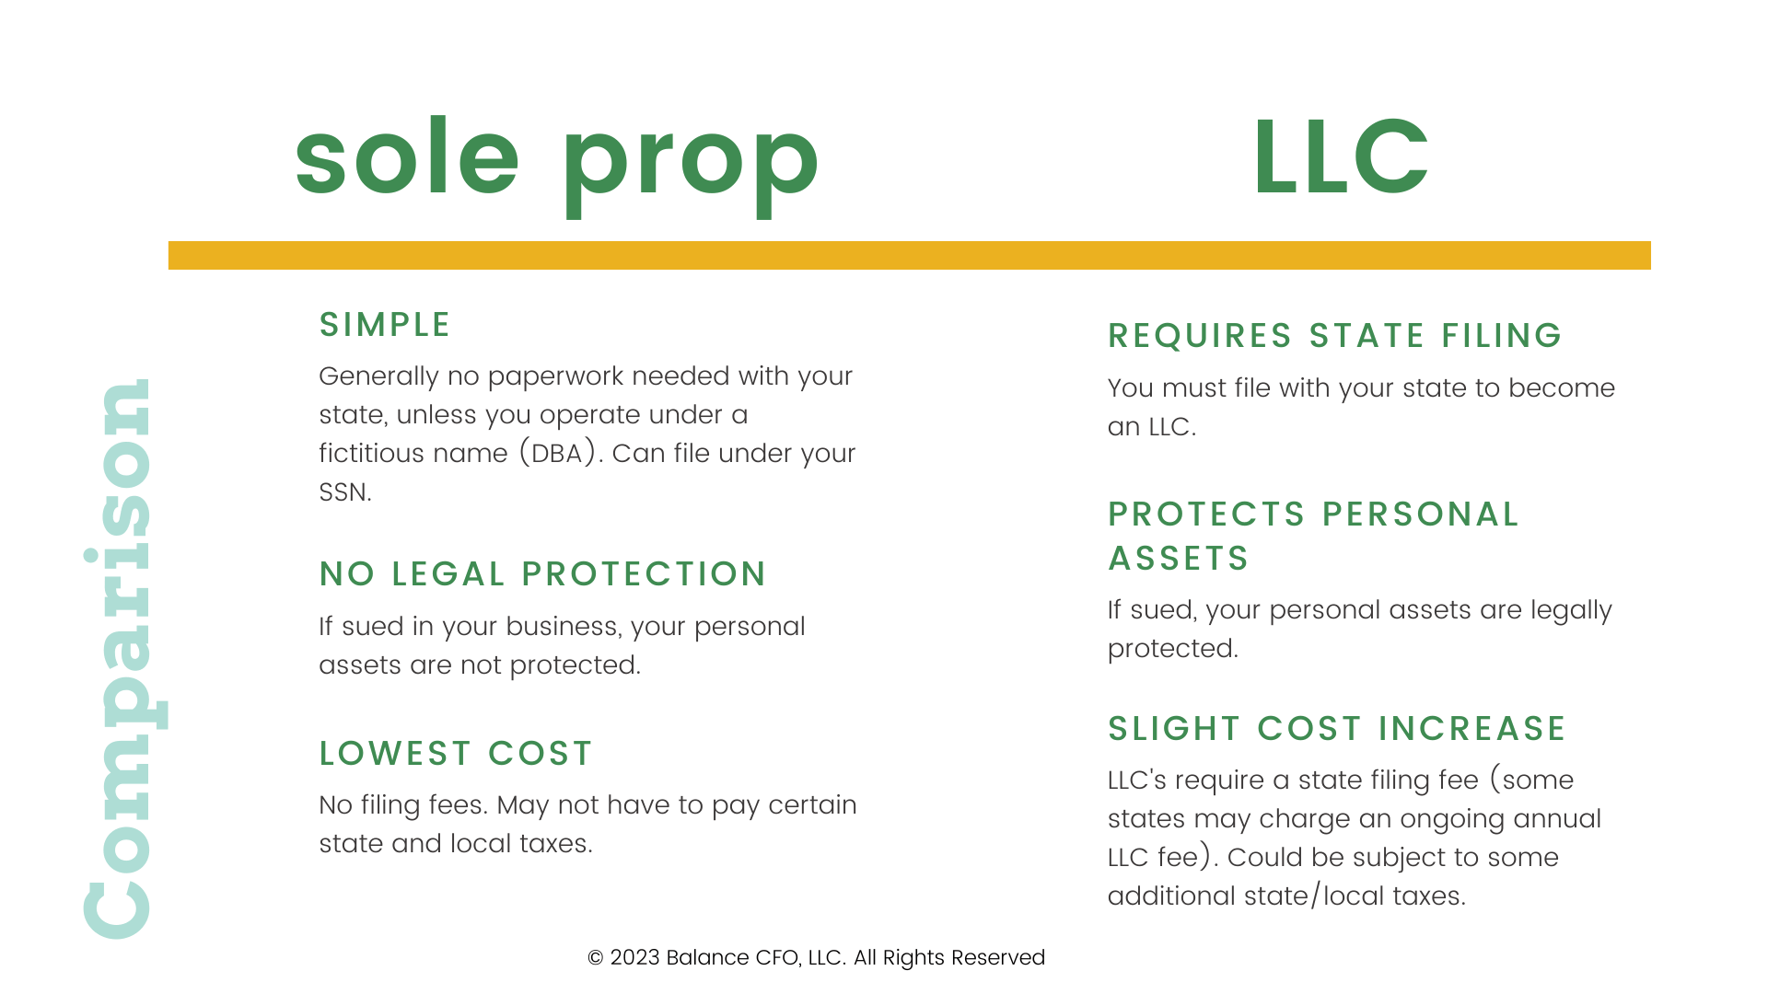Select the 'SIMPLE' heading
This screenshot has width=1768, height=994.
pyautogui.click(x=384, y=325)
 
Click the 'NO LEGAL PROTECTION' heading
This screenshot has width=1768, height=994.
pyautogui.click(x=542, y=574)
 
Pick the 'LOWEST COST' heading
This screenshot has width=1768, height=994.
pyautogui.click(x=456, y=754)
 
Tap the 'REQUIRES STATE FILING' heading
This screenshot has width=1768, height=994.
pyautogui.click(x=1334, y=336)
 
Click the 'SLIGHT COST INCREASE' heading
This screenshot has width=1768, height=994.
pyautogui.click(x=1336, y=729)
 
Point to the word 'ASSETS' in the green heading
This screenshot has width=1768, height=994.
pyautogui.click(x=1178, y=559)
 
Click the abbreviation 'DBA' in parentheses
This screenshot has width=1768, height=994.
pyautogui.click(x=557, y=454)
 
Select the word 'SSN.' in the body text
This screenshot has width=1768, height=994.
pyautogui.click(x=345, y=492)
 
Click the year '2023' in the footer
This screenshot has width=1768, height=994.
pyautogui.click(x=635, y=958)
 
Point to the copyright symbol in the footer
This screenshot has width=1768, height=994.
pyautogui.click(x=596, y=958)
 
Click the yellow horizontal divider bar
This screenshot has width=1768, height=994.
pyautogui.click(x=910, y=255)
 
